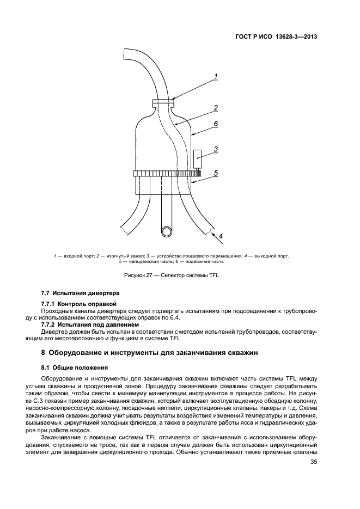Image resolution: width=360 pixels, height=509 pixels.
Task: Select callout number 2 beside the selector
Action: tap(216, 108)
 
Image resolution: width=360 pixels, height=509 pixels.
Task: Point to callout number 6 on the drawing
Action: tap(216, 124)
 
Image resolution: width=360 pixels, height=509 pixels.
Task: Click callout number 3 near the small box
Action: tap(216, 149)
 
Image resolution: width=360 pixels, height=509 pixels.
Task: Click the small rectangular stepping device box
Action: tap(198, 158)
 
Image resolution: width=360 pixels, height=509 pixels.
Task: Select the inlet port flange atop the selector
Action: tap(163, 101)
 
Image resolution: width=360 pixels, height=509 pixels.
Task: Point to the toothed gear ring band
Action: tap(163, 174)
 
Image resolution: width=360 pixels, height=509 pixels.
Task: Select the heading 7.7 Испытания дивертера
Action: tap(76, 294)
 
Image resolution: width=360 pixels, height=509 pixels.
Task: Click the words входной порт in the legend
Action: tap(78, 255)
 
